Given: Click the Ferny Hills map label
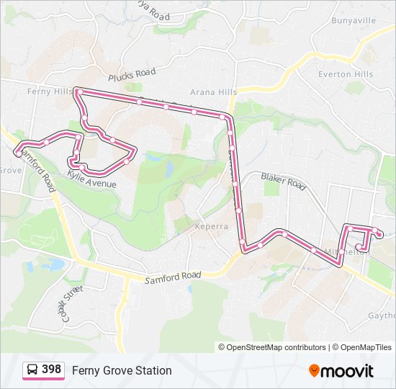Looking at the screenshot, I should pos(48,91).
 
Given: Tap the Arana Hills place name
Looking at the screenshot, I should pos(213,91).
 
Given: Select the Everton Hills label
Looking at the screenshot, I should pos(346,74).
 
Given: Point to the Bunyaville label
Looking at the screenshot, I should pos(354,20).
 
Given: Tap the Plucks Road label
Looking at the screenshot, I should pos(132,74).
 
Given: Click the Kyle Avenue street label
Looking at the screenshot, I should pos(91,179).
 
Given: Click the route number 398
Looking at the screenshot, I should pos(51,370).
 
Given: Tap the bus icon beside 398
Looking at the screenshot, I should pos(32,370).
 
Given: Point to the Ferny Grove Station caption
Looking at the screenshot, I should pos(122,370).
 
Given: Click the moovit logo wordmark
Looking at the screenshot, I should pos(347,371).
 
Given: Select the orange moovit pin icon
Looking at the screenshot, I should pos(314,370).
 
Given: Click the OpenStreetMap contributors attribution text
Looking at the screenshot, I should pos(276,347).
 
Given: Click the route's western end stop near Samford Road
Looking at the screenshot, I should pos(18,153).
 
